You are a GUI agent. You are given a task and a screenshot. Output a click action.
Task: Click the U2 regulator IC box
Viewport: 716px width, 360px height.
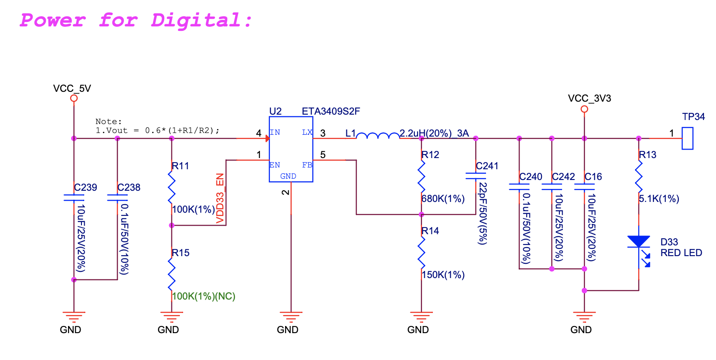291,149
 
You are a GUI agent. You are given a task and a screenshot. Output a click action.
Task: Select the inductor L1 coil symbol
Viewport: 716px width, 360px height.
378,135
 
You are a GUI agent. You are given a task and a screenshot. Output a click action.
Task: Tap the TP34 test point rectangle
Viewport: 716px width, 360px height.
687,138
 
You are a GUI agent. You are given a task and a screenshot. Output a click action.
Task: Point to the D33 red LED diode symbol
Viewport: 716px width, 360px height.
639,242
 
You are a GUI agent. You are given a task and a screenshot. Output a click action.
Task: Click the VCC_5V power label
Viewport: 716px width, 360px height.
72,88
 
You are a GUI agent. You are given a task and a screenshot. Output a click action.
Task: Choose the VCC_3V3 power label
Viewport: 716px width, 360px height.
589,98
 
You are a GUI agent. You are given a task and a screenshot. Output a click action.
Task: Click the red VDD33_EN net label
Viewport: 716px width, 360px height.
220,198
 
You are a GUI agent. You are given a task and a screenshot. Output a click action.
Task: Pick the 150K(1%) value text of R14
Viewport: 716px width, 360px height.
443,275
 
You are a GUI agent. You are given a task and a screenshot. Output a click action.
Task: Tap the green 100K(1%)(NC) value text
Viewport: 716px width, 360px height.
204,296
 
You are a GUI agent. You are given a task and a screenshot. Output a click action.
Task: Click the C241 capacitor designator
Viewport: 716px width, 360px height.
487,166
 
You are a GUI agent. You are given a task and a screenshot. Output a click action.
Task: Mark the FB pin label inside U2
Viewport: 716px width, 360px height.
307,165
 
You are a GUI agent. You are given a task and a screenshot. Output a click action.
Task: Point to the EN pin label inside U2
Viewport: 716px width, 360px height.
275,165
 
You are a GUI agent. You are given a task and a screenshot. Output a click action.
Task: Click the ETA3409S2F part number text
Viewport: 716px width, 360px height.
331,111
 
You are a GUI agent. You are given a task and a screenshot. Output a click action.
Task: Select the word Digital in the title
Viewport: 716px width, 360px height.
201,21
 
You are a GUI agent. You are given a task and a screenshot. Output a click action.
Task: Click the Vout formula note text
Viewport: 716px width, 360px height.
158,131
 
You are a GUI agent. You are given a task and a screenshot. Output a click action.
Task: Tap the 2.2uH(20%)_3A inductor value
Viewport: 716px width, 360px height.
434,133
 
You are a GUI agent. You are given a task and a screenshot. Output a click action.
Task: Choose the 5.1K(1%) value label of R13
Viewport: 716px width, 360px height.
659,199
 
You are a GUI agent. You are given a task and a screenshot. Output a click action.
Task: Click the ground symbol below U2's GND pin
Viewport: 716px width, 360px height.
291,317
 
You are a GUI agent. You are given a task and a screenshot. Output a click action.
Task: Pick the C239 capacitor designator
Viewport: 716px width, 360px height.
85,187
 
